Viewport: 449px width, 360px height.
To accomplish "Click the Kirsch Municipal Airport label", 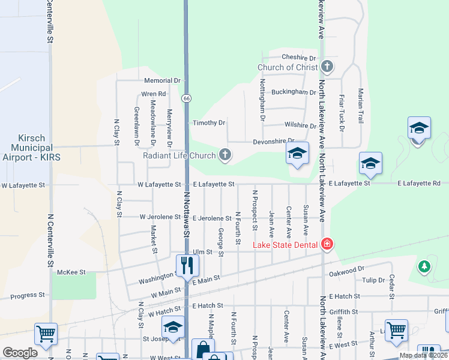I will [x=35, y=148].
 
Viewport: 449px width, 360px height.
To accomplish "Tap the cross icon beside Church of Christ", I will [x=327, y=67].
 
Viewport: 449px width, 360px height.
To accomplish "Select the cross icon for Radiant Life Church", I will [x=225, y=155].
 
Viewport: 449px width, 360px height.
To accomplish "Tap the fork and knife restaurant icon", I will [x=186, y=263].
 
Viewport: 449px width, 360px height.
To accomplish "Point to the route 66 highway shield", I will [x=187, y=98].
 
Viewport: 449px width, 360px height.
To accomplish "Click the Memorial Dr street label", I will [x=162, y=80].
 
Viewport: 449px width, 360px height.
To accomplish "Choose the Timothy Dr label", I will [x=209, y=123].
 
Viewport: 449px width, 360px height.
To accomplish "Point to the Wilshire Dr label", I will [x=300, y=126].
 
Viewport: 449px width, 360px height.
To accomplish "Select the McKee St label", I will [x=72, y=272].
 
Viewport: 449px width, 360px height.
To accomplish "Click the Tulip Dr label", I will [x=373, y=280].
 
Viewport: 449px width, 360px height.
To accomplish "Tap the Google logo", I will [x=20, y=352].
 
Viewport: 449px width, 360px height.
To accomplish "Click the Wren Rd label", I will [x=154, y=94].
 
